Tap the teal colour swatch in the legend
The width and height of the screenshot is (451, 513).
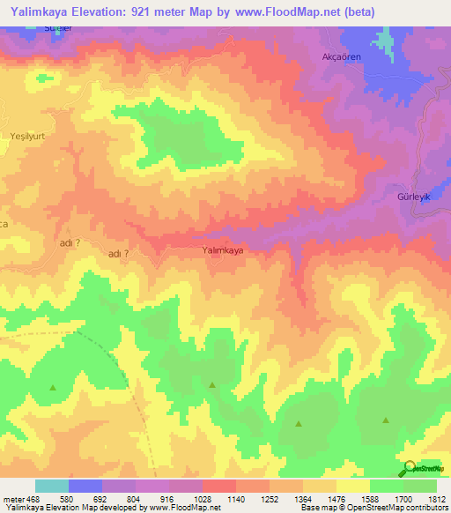(52, 486)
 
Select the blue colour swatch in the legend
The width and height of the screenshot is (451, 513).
(85, 486)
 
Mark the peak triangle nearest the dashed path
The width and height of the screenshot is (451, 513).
(52, 388)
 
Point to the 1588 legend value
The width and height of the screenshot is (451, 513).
(358, 499)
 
